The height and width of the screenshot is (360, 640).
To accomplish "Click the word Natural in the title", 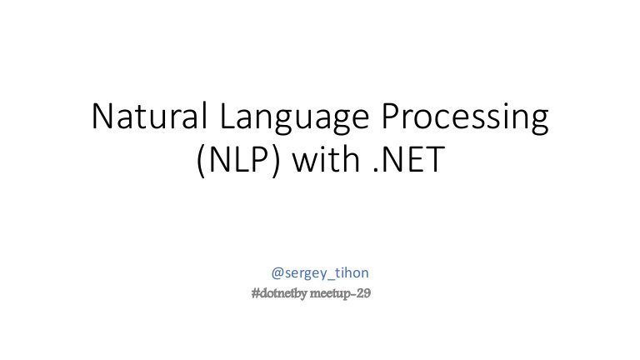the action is tap(149, 117).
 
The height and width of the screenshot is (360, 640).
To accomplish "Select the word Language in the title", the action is tap(294, 119).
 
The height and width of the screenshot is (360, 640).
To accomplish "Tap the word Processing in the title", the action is tap(465, 119).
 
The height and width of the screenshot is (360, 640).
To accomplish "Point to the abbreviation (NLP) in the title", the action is tap(239, 160).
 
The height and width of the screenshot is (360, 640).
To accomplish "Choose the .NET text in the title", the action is tap(409, 159).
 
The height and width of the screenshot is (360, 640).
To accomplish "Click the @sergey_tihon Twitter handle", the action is tap(320, 272).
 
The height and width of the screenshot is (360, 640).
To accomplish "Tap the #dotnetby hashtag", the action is tap(279, 293).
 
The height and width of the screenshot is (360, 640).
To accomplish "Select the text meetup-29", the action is tap(340, 293).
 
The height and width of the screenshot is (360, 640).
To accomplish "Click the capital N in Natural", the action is tap(102, 117).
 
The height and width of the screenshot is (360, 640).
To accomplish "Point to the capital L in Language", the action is tap(227, 117).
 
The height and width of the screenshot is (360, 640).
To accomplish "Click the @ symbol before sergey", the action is tap(277, 272).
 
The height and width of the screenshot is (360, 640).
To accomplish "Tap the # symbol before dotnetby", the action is tap(256, 293).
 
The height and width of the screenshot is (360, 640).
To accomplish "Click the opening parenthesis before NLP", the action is tap(201, 160).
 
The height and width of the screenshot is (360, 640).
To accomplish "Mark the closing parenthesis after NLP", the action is tap(277, 160).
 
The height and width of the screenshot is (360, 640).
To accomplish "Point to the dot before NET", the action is tap(376, 170).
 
